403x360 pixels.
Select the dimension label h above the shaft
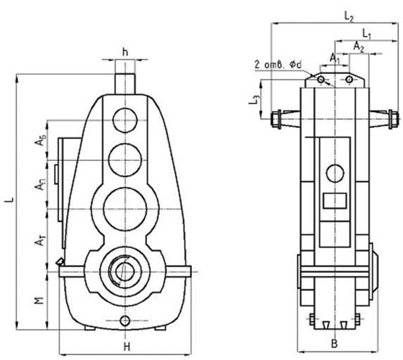pos(124,51)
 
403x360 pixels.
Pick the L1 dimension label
pos(366,33)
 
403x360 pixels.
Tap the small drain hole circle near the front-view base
pos(125,321)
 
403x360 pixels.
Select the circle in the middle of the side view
pos(335,173)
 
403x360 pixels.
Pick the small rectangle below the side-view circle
pos(331,200)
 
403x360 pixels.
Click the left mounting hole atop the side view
pos(321,80)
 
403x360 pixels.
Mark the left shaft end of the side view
pos(275,117)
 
